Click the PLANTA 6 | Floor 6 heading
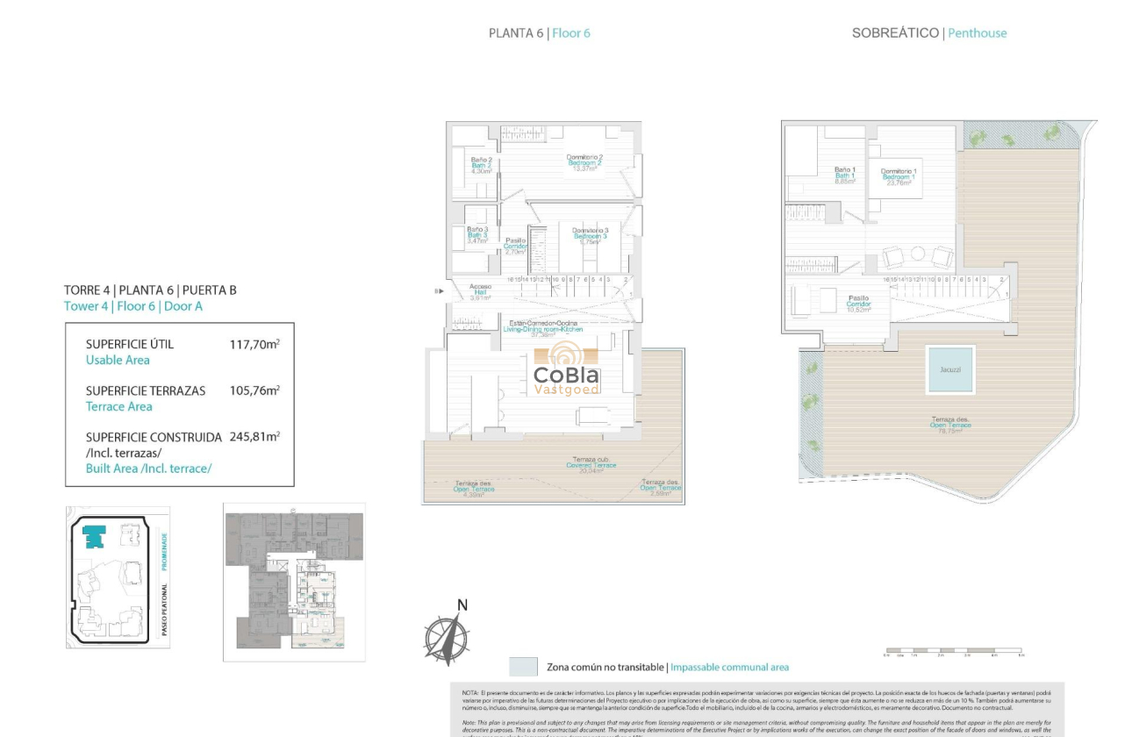[539, 33]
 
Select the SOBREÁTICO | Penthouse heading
[928, 33]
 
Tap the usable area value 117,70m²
[254, 345]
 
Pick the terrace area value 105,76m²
[254, 391]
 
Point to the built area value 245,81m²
[254, 437]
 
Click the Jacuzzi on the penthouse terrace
[949, 369]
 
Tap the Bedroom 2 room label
[584, 162]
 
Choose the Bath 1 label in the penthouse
[844, 175]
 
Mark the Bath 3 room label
[477, 234]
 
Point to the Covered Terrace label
[594, 464]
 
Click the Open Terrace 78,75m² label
[950, 426]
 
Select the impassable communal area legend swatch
[523, 667]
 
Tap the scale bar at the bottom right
[953, 653]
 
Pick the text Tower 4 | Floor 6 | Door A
[133, 306]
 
